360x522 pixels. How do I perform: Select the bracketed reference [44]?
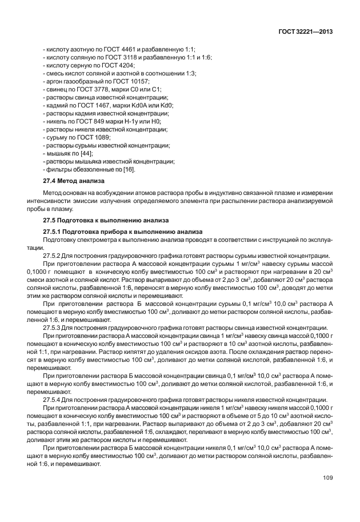pyautogui.click(x=85, y=153)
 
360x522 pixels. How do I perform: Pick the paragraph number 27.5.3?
pyautogui.click(x=54, y=328)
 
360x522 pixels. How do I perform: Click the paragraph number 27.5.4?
pyautogui.click(x=54, y=400)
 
